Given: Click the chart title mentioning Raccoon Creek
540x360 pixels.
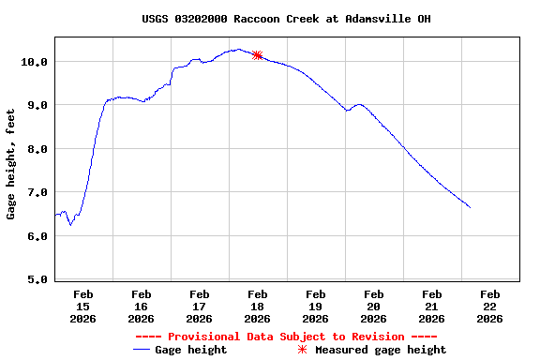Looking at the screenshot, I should click(x=287, y=19).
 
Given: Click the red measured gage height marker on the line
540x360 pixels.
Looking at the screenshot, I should click(x=257, y=55).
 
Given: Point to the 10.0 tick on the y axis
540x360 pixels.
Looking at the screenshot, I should click(x=36, y=62).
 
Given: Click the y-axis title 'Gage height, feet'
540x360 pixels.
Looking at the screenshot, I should click(x=11, y=164).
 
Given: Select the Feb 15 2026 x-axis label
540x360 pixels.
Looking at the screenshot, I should click(x=82, y=306).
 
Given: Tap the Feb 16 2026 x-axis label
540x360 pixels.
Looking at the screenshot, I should click(x=141, y=306).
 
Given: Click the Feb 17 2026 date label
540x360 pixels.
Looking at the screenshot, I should click(x=199, y=306).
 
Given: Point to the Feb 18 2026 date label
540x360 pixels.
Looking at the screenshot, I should click(x=257, y=306).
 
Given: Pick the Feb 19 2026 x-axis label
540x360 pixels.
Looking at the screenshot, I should click(x=315, y=306).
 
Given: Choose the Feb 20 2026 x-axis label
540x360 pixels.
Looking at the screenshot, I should click(x=373, y=306).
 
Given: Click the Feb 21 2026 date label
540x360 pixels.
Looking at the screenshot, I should click(x=431, y=306).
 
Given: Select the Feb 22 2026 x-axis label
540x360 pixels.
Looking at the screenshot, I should click(x=489, y=306).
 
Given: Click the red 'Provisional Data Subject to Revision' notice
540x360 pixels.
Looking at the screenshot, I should click(x=286, y=337).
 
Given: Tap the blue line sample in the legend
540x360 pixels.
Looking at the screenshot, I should click(x=142, y=350).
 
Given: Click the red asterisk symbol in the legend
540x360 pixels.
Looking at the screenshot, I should click(x=302, y=350).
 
